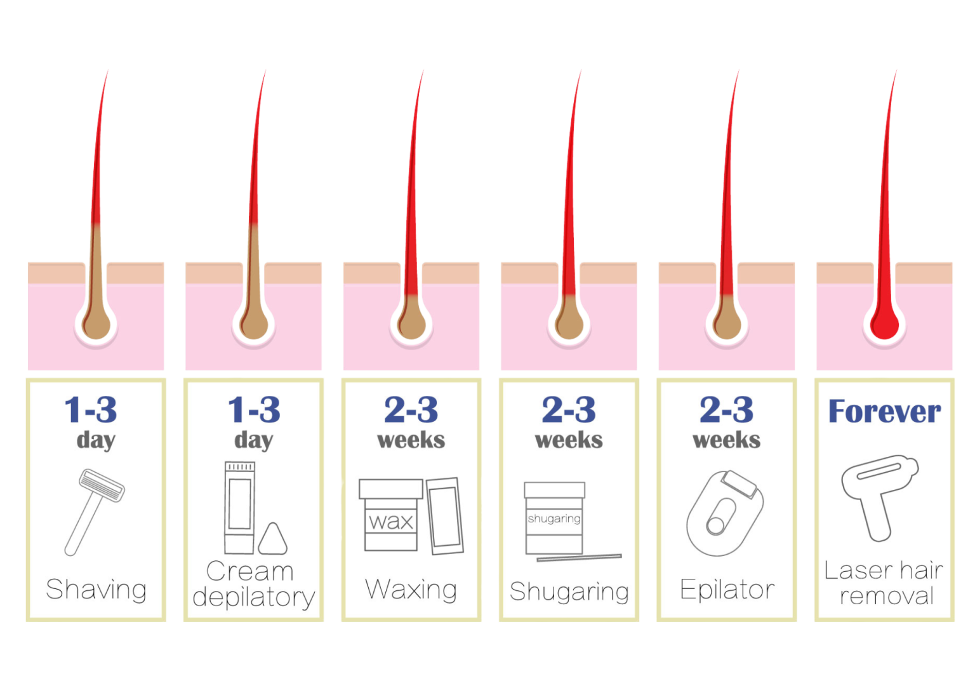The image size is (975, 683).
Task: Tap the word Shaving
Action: tap(96, 590)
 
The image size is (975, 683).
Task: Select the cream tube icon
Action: tap(239, 508)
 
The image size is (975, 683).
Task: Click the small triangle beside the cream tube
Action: tap(273, 539)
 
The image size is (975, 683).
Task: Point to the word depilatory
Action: tap(254, 597)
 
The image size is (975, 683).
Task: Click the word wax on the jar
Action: tap(390, 522)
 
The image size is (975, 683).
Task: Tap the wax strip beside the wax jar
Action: tap(445, 516)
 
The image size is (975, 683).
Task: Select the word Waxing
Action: tap(411, 590)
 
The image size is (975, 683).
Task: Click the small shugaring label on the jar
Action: tap(554, 519)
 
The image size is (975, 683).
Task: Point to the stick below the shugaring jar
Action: tap(580, 558)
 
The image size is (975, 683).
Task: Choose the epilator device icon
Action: tap(725, 513)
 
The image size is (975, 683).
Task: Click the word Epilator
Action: tap(727, 590)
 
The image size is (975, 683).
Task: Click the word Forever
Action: tap(884, 411)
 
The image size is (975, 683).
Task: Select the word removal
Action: tap(887, 596)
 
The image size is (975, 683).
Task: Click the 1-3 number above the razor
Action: tap(91, 410)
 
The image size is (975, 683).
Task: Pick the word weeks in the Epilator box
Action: tap(726, 440)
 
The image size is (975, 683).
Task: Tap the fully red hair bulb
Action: tap(884, 325)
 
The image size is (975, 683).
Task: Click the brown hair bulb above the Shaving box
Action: tap(96, 325)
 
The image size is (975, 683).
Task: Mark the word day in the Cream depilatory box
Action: tap(254, 441)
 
